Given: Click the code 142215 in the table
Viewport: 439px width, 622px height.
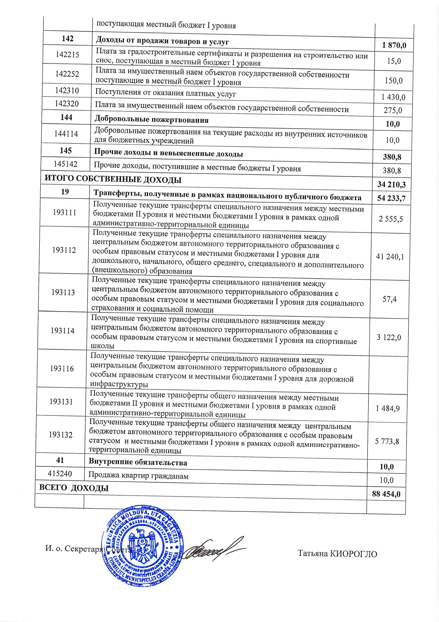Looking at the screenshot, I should [x=67, y=55].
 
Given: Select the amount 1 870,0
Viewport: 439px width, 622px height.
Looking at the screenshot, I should [x=394, y=45].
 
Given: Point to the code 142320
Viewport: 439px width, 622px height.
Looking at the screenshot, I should [x=67, y=104].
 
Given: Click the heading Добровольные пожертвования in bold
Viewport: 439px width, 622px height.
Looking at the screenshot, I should [x=151, y=120].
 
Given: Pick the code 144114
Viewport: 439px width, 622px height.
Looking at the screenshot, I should [x=66, y=134].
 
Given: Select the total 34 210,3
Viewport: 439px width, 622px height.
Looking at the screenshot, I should [x=392, y=185].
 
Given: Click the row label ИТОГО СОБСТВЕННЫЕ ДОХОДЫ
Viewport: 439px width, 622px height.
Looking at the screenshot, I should [x=113, y=179].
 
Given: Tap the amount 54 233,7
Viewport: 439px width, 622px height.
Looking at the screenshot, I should [x=391, y=198].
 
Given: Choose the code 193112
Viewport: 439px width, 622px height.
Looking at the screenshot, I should [x=64, y=250].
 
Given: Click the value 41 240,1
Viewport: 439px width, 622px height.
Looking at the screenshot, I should [x=390, y=257].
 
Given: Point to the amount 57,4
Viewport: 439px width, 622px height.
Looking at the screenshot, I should [x=389, y=299].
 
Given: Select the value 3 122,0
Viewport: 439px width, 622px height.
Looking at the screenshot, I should [x=389, y=337].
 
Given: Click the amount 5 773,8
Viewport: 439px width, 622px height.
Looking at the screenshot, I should [x=387, y=442].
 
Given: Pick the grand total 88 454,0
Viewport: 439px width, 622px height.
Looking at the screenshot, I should [x=386, y=494].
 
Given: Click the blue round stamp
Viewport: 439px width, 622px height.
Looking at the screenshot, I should [x=143, y=545].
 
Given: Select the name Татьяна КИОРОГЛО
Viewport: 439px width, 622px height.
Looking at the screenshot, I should [x=337, y=554].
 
